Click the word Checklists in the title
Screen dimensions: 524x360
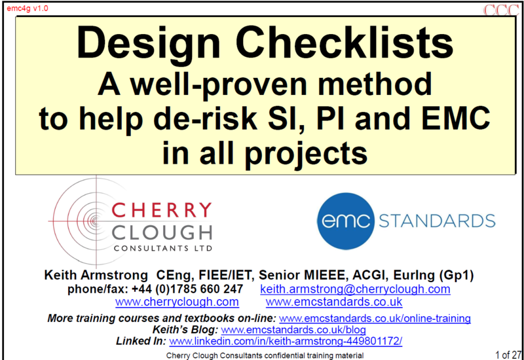point(345,43)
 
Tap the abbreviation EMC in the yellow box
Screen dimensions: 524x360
point(455,118)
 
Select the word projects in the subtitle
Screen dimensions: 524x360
point(306,154)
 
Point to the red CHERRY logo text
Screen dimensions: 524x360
point(161,210)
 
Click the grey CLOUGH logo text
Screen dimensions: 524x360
point(162,233)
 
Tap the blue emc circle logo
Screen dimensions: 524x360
point(346,221)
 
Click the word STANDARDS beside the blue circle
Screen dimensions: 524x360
point(437,221)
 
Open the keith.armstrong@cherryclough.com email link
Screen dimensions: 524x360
point(355,289)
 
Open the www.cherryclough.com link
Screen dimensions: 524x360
point(177,302)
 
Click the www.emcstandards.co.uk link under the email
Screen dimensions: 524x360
point(334,302)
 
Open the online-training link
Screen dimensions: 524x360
point(375,318)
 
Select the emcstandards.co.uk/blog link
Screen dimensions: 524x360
point(293,330)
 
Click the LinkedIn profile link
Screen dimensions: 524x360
point(286,341)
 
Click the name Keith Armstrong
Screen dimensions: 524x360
point(96,275)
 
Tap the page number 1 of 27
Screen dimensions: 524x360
point(508,355)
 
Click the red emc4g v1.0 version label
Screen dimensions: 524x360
point(28,9)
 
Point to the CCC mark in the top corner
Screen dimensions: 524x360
point(501,10)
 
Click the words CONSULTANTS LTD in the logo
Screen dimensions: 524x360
point(163,248)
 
